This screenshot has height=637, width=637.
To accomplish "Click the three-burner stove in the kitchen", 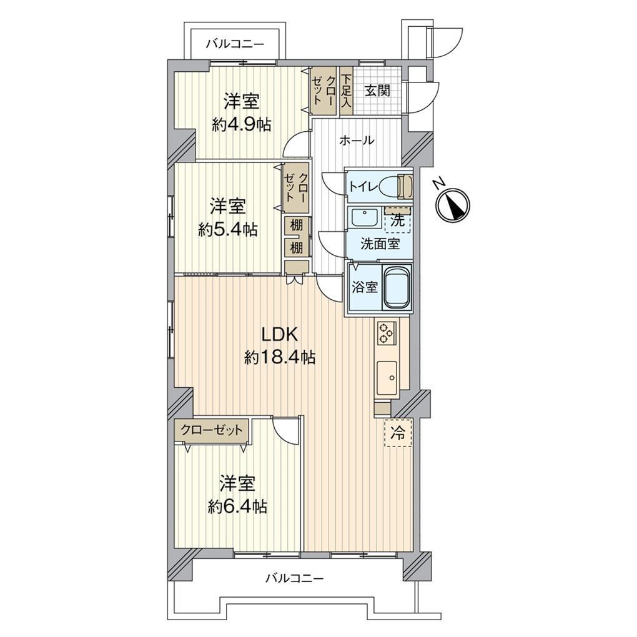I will pyautogui.click(x=385, y=333).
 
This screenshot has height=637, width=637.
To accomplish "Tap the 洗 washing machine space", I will pyautogui.click(x=397, y=220).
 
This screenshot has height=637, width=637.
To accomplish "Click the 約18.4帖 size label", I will pyautogui.click(x=279, y=357).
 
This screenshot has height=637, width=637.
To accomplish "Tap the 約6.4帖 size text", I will pyautogui.click(x=237, y=506).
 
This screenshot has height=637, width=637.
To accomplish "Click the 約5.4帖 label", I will pyautogui.click(x=227, y=229).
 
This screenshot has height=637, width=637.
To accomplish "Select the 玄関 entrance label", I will pyautogui.click(x=377, y=91).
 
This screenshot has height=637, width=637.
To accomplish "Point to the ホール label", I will pyautogui.click(x=357, y=141).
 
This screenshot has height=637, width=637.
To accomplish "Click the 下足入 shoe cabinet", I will pyautogui.click(x=347, y=91).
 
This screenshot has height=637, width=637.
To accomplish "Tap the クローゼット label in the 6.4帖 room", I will pyautogui.click(x=212, y=430).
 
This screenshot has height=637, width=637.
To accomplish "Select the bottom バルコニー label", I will pyautogui.click(x=294, y=578).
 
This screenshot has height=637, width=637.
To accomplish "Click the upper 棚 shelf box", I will pyautogui.click(x=296, y=225).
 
